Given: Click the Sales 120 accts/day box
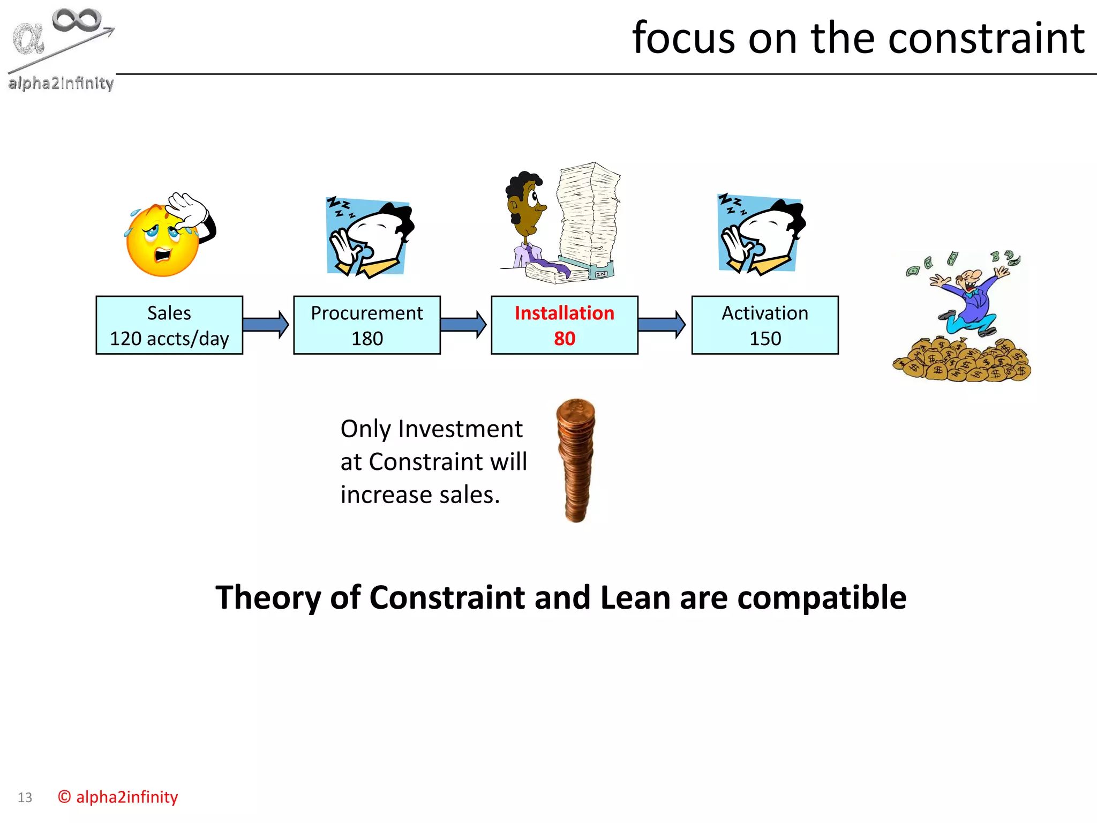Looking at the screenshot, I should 169,325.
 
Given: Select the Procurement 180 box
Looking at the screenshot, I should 367,325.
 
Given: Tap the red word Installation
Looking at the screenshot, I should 564,313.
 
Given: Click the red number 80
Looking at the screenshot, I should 564,339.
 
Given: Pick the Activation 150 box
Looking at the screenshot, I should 765,325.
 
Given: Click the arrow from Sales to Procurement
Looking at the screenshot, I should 265,324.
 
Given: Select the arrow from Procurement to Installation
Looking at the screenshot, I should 463,324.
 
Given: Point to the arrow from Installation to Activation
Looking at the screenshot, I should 662,324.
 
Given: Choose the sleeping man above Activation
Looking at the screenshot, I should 761,234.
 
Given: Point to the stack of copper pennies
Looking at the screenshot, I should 576,460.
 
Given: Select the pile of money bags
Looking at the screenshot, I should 961,360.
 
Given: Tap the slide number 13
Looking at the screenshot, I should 25,797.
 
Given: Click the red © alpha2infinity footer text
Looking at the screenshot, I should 118,797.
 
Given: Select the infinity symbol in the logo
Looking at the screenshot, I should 77,20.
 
